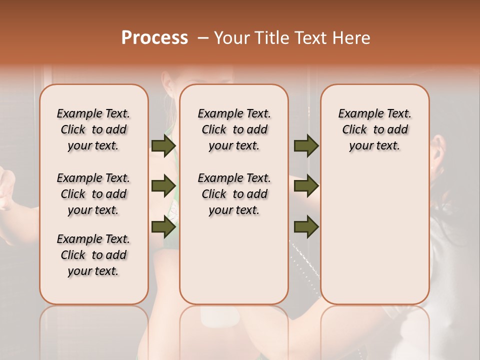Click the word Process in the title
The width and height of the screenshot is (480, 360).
[154, 38]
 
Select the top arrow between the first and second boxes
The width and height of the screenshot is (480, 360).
[163, 145]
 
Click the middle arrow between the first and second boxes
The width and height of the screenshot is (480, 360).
[163, 186]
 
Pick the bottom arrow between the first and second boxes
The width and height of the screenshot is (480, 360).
[163, 227]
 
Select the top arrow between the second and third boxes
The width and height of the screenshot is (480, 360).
[306, 145]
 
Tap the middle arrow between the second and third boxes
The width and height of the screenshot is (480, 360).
[306, 186]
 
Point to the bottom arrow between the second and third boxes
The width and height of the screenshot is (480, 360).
[306, 227]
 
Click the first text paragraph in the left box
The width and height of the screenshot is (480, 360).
[93, 129]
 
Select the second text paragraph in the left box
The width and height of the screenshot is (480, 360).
[93, 194]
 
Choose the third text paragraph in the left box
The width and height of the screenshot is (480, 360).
[93, 255]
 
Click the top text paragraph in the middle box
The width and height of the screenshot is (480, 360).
[234, 129]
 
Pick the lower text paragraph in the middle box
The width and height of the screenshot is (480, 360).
[234, 194]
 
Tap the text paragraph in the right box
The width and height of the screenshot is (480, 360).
[375, 129]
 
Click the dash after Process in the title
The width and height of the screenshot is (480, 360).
[202, 38]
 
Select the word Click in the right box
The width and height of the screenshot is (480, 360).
[354, 130]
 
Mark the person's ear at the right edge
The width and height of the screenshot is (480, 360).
[439, 147]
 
